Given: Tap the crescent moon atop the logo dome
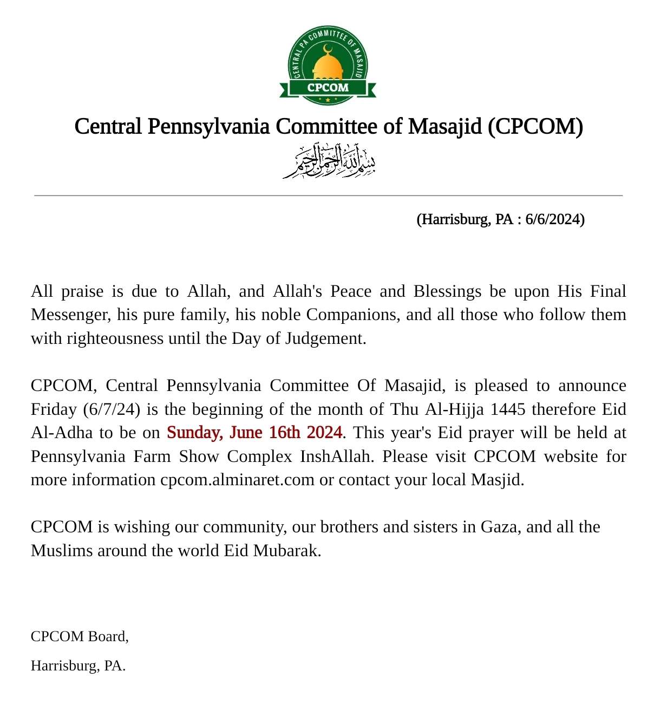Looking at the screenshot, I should pos(327,49).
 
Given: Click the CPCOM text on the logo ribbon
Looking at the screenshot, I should pos(328,88).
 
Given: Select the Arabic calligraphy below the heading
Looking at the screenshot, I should pos(329,161).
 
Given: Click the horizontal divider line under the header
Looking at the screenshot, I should pos(328,195).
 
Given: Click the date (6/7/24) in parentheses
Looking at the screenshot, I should pos(112,409).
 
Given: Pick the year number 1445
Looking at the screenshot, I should pos(507,409).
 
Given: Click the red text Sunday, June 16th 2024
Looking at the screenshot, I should pos(254,433).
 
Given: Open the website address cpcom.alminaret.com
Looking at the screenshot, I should pos(237,480).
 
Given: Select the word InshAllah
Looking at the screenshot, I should pos(336,457).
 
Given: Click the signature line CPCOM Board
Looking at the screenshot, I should pos(80,636).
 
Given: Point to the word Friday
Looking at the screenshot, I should pos(54,409).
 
